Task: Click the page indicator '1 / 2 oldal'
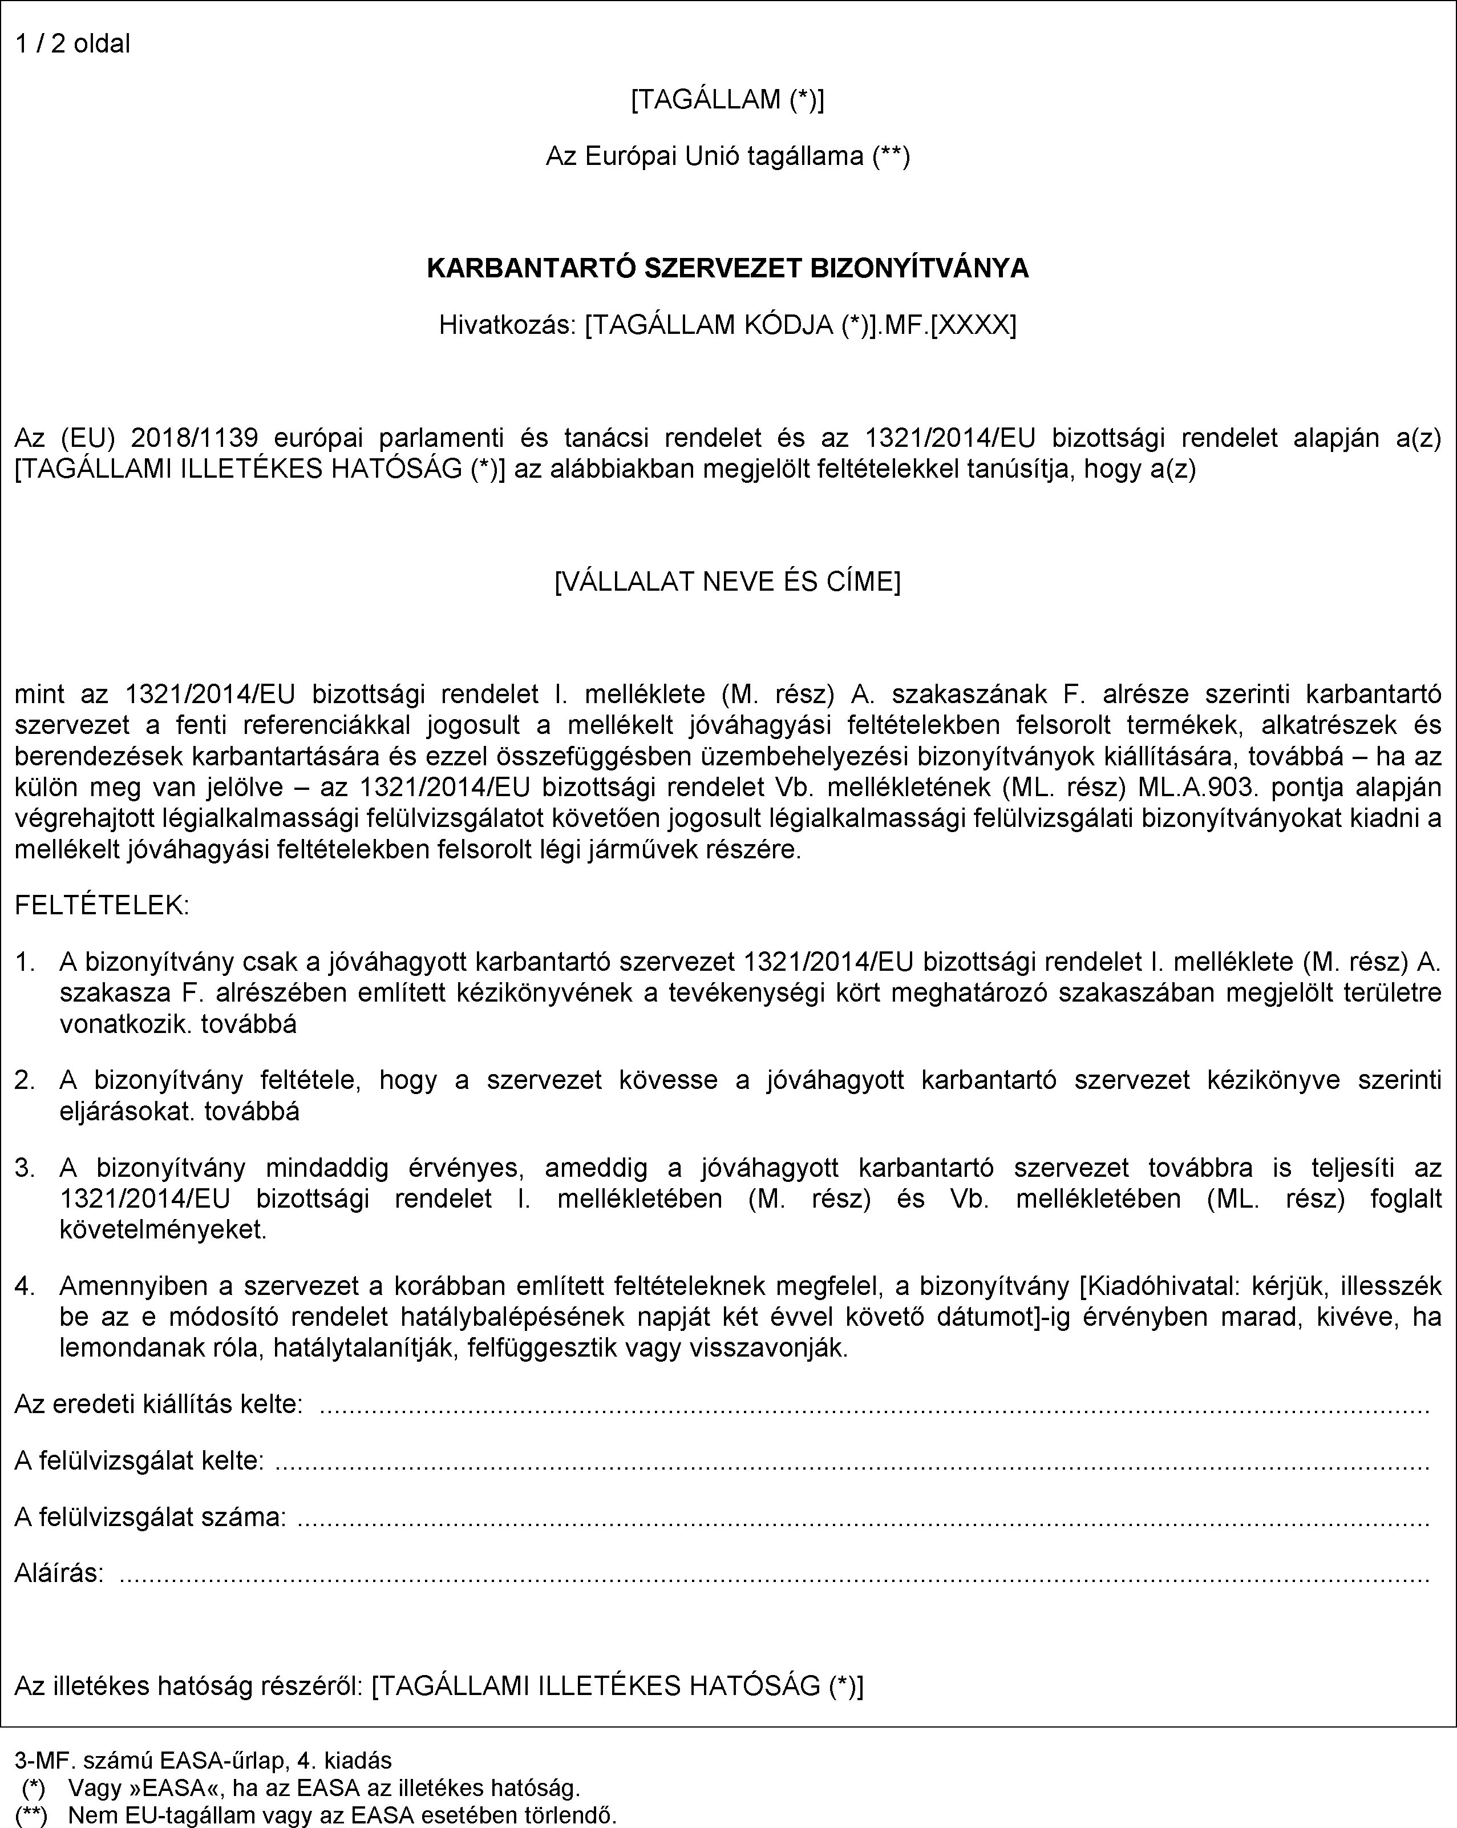pos(73,43)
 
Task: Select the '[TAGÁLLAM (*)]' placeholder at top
pos(727,100)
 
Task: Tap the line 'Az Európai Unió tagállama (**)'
pos(727,156)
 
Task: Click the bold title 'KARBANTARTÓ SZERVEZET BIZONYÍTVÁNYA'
pos(727,269)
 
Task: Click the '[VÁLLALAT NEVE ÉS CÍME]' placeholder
pos(727,582)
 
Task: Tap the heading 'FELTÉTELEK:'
pos(102,906)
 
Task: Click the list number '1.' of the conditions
pos(26,962)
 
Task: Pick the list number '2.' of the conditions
pos(26,1079)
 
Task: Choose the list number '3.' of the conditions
pos(26,1168)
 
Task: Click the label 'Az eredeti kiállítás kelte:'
pos(159,1404)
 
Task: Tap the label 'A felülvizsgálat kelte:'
pos(139,1460)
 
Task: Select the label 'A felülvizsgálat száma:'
pos(150,1516)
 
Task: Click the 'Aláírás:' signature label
pos(59,1573)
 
